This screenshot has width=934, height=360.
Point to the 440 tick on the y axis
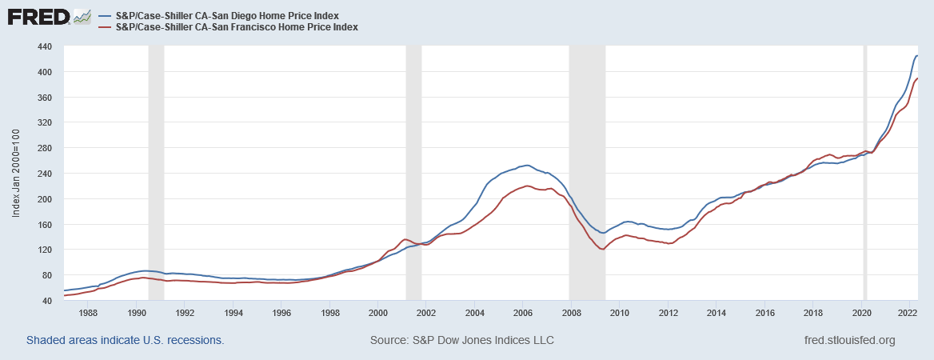(x=45, y=46)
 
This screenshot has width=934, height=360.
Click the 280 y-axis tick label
(x=45, y=148)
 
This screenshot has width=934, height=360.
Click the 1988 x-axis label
(x=88, y=313)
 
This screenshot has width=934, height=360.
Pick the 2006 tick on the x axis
(x=523, y=313)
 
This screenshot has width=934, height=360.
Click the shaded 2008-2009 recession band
(x=587, y=173)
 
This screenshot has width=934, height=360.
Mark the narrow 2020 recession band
(x=864, y=173)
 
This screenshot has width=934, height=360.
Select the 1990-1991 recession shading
(x=156, y=173)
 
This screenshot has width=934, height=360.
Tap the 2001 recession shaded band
(x=413, y=173)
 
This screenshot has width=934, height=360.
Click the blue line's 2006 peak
(x=525, y=165)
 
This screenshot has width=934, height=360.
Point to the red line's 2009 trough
(x=601, y=250)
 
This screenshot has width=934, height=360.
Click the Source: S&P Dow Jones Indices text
(x=462, y=340)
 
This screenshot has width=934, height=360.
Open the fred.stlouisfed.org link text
(x=848, y=340)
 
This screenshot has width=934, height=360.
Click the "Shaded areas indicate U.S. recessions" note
(x=125, y=340)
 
